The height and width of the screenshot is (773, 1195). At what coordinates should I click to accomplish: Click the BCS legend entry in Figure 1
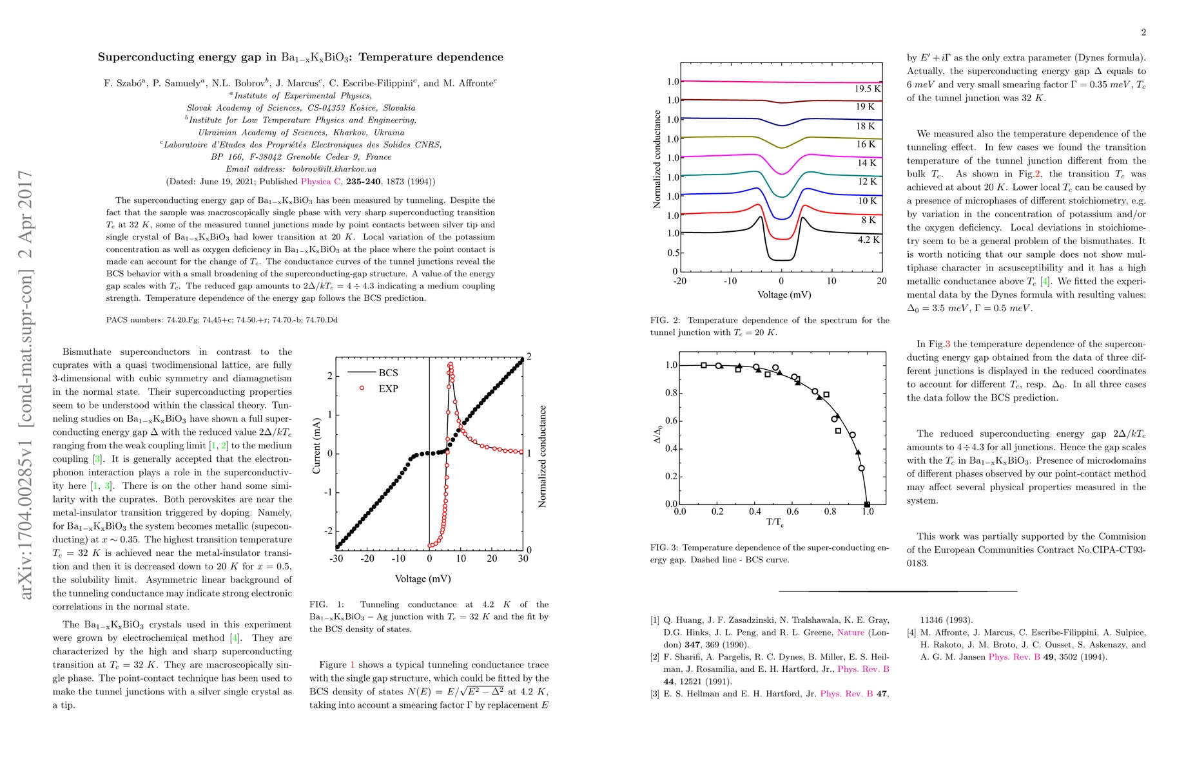[x=388, y=373]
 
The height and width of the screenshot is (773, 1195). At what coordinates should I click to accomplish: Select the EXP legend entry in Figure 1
[x=388, y=388]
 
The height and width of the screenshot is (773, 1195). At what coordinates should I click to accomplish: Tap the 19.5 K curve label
[x=868, y=89]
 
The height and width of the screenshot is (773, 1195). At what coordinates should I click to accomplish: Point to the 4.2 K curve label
[x=868, y=240]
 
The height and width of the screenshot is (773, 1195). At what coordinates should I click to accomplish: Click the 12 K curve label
[x=867, y=182]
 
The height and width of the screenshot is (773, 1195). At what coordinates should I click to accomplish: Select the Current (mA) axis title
[x=316, y=446]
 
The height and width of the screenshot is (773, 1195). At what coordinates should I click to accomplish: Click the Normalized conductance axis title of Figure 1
[x=542, y=456]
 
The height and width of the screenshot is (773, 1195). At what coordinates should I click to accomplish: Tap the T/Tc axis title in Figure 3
[x=775, y=522]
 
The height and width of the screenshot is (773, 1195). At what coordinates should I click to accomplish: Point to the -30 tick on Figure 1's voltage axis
[x=336, y=558]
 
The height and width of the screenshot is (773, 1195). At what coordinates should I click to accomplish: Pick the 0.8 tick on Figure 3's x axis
[x=830, y=511]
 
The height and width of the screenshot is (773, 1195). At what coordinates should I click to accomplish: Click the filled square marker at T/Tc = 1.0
[x=867, y=504]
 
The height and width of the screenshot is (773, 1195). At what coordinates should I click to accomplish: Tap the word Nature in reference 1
[x=851, y=633]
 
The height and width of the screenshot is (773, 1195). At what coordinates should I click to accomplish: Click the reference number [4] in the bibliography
[x=912, y=633]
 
